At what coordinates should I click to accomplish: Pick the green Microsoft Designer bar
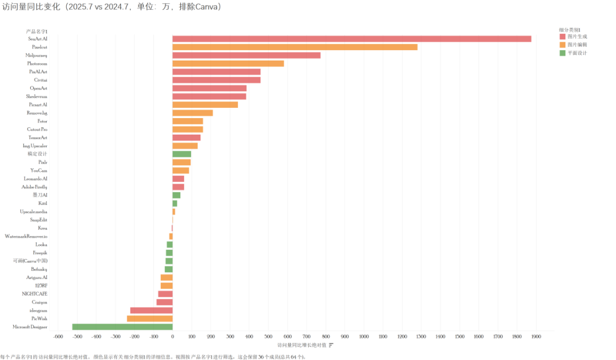coord(122,327)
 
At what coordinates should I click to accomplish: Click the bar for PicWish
coord(149,318)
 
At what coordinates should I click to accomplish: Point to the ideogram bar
coord(151,310)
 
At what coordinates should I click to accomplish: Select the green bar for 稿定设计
coord(181,154)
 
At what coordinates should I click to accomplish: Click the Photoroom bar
coord(228,63)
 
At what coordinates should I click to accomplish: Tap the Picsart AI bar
coord(205,104)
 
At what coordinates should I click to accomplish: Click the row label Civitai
coord(40,80)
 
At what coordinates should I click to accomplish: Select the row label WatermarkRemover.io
coord(26,236)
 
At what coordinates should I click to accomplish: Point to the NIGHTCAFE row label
coord(35,294)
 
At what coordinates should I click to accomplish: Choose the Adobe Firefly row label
coord(34,187)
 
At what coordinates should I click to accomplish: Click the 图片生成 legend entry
coord(577,36)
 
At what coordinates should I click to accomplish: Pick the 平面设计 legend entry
coord(577,53)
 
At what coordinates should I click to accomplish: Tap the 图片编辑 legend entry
coord(577,45)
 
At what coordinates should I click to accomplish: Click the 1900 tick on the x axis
coord(536,337)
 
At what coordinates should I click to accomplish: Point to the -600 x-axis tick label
coord(58,337)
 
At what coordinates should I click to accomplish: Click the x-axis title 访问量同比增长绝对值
coord(302,345)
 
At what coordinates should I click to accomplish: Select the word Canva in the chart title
coord(206,7)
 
